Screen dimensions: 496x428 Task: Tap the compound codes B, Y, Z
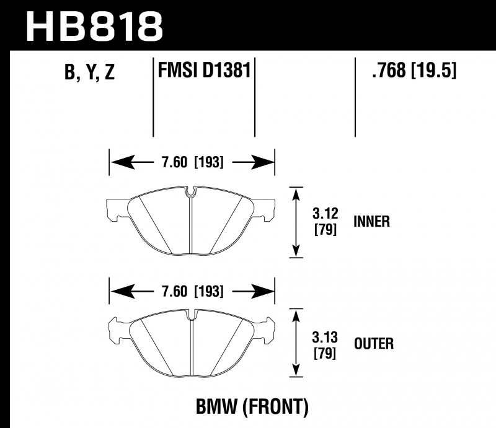89,72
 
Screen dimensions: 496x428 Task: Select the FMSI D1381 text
204,70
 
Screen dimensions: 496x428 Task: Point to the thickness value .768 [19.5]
414,70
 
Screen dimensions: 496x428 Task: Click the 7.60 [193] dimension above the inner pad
193,162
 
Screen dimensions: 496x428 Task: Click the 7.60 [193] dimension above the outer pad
193,291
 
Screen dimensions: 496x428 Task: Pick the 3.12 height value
325,213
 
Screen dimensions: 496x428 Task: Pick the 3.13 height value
325,338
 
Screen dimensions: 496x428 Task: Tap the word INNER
371,221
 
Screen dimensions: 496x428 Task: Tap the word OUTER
374,344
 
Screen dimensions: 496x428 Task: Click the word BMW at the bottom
216,406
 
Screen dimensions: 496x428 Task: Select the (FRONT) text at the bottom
275,406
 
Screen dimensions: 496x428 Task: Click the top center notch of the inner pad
190,191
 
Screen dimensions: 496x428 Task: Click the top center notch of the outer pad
190,315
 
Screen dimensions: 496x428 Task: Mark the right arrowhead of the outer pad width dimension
263,291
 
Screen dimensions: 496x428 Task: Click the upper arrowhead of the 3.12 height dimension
296,194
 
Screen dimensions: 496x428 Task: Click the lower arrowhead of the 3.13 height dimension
296,370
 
